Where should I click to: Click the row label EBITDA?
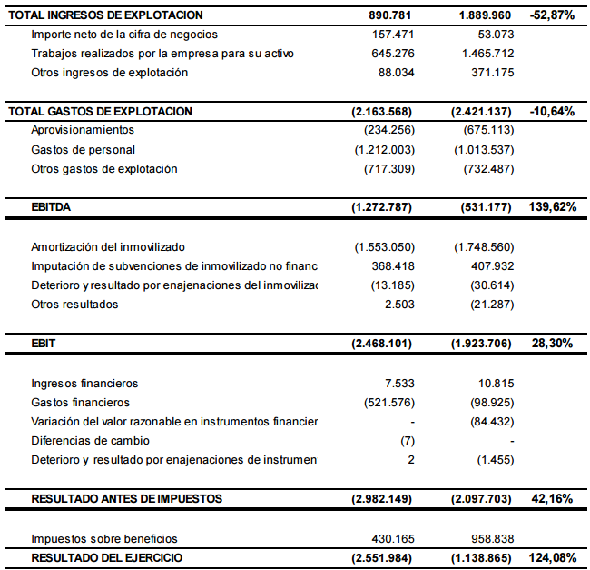[x=51, y=207]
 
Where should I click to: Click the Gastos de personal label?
[x=83, y=150]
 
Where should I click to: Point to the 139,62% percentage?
[x=552, y=207]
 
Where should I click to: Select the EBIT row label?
[x=44, y=345]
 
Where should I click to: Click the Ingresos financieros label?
[x=84, y=384]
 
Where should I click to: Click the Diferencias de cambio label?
[x=90, y=441]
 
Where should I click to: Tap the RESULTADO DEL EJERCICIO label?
[x=107, y=557]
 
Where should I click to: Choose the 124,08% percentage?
[x=552, y=557]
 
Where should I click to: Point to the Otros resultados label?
[x=74, y=305]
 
